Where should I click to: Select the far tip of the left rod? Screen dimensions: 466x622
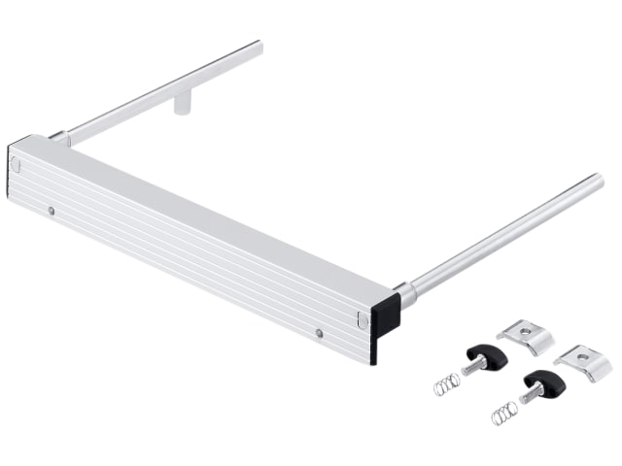tap(259, 45)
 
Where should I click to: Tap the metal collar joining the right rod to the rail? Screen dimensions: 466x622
tap(407, 292)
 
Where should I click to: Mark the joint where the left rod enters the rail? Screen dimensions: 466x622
tap(60, 139)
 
